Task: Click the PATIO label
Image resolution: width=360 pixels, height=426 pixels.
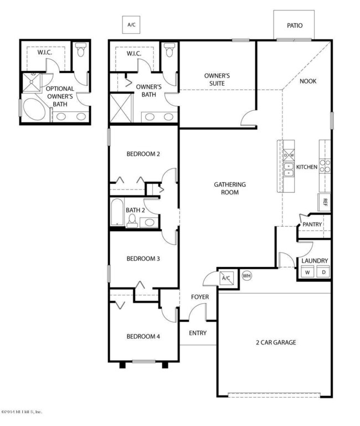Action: pos(294,25)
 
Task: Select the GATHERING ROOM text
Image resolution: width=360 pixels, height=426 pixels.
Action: pos(230,188)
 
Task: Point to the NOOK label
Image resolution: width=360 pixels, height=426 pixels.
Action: pos(308,81)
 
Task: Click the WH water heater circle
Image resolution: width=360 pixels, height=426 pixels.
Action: pos(247,275)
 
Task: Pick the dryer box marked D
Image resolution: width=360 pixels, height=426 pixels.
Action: pos(323,272)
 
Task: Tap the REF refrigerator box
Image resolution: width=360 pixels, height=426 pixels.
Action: pos(325,202)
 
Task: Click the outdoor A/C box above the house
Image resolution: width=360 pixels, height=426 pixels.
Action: pos(131,25)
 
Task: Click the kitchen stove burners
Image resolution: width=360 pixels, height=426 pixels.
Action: pos(325,166)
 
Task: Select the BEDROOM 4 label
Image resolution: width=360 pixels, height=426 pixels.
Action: pos(143,336)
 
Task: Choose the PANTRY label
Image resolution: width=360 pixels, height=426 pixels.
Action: pos(312,224)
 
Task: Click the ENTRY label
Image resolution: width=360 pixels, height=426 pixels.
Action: pos(198,333)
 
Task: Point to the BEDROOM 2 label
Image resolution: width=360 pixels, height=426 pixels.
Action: pos(143,154)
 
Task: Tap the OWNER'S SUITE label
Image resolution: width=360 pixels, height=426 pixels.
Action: pos(217,79)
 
